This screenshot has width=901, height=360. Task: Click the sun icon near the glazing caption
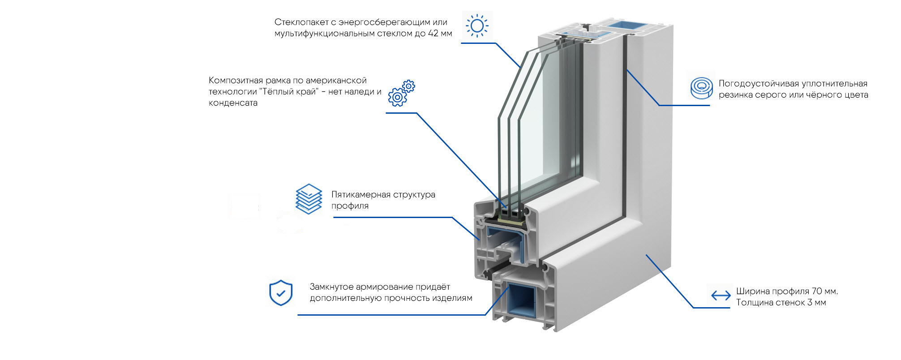click(x=477, y=26)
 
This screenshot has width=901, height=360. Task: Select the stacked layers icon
click(x=309, y=199)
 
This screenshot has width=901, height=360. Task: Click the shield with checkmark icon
click(x=281, y=293)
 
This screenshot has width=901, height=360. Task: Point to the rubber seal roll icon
click(x=701, y=87)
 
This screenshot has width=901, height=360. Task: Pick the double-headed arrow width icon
click(x=721, y=296)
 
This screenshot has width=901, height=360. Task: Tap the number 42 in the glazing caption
click(x=433, y=34)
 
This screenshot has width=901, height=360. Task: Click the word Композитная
click(x=236, y=81)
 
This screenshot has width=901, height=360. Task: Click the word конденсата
click(x=233, y=103)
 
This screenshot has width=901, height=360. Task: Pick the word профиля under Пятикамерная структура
click(x=350, y=206)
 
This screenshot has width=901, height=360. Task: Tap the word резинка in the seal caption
click(x=735, y=95)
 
